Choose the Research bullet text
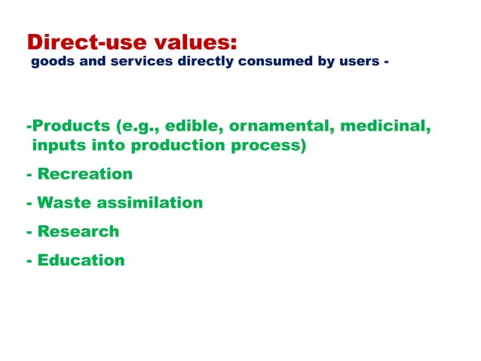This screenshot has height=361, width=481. click(78, 232)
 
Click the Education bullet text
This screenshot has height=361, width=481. click(81, 261)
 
